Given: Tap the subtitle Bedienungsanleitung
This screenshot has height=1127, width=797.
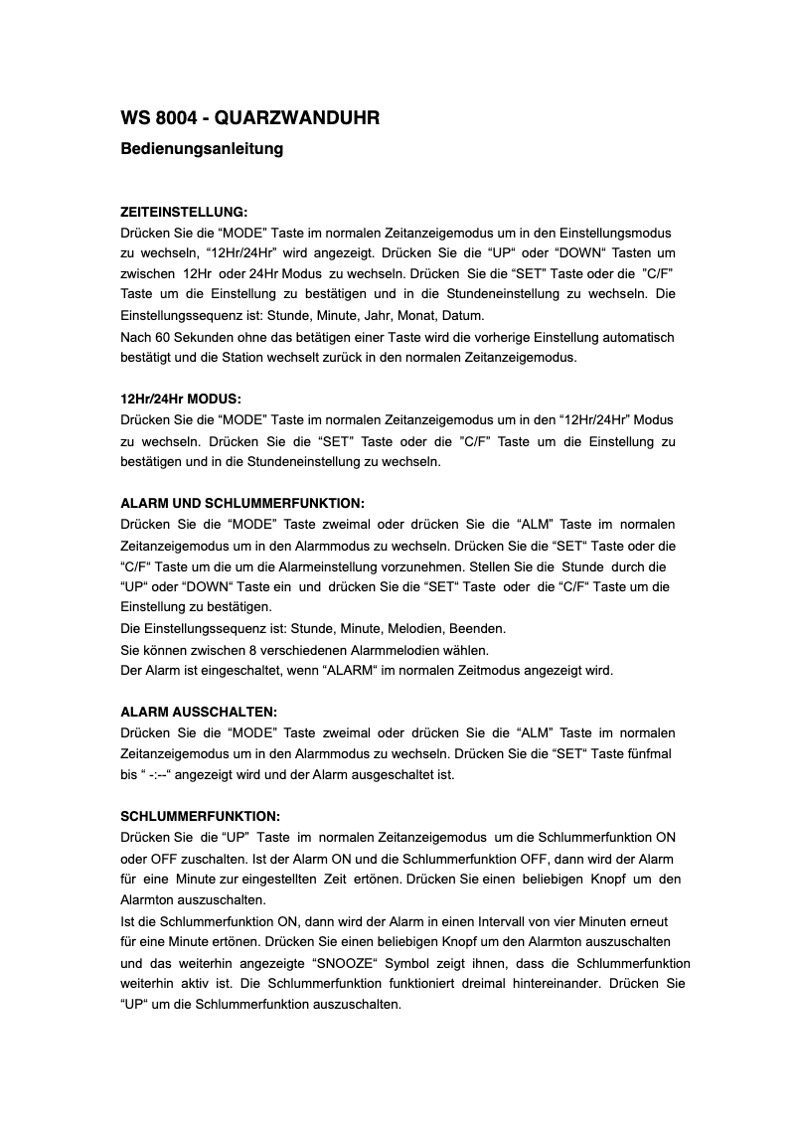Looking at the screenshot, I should pyautogui.click(x=202, y=149).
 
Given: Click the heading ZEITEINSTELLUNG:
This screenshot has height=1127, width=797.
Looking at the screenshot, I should pyautogui.click(x=183, y=213).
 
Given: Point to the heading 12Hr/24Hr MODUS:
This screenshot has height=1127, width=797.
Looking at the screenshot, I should pyautogui.click(x=180, y=399).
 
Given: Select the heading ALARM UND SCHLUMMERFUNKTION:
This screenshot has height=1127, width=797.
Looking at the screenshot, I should pyautogui.click(x=242, y=503).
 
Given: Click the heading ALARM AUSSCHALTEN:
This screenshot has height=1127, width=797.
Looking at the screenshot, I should pyautogui.click(x=199, y=712).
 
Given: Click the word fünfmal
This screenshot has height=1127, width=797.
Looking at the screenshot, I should pyautogui.click(x=647, y=753).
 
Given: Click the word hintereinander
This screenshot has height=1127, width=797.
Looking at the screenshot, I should pyautogui.click(x=563, y=983).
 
